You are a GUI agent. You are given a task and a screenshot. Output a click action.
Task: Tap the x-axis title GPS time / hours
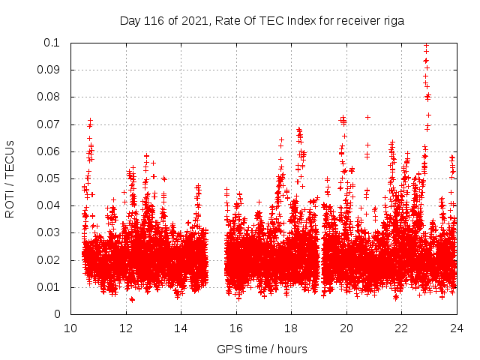pyautogui.click(x=262, y=349)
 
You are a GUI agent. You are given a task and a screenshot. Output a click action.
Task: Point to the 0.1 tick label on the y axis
pyautogui.click(x=52, y=43)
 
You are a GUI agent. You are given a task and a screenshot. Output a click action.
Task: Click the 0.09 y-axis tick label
pyautogui.click(x=49, y=70)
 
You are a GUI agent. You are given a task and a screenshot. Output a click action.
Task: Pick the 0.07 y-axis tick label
pyautogui.click(x=49, y=124)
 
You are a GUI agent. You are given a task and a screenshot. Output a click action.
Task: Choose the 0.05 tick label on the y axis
pyautogui.click(x=49, y=178)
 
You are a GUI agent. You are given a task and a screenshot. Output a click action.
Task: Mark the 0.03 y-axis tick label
pyautogui.click(x=49, y=233)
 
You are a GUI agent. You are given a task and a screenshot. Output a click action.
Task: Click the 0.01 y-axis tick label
pyautogui.click(x=49, y=287)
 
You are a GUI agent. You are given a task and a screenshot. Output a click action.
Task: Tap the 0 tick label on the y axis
pyautogui.click(x=58, y=315)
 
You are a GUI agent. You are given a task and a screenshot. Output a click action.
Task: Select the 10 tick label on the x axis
pyautogui.click(x=70, y=328)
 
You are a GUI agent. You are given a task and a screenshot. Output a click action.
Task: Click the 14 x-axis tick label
pyautogui.click(x=181, y=328)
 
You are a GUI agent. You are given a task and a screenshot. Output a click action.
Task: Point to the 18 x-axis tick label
pyautogui.click(x=291, y=328)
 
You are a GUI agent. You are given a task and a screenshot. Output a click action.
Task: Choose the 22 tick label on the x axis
pyautogui.click(x=401, y=328)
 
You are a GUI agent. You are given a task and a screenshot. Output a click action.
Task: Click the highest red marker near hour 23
pyautogui.click(x=427, y=45)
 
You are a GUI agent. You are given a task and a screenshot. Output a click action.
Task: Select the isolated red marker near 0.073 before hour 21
pyautogui.click(x=367, y=117)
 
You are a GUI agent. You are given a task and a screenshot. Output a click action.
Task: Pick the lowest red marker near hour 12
pyautogui.click(x=132, y=299)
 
